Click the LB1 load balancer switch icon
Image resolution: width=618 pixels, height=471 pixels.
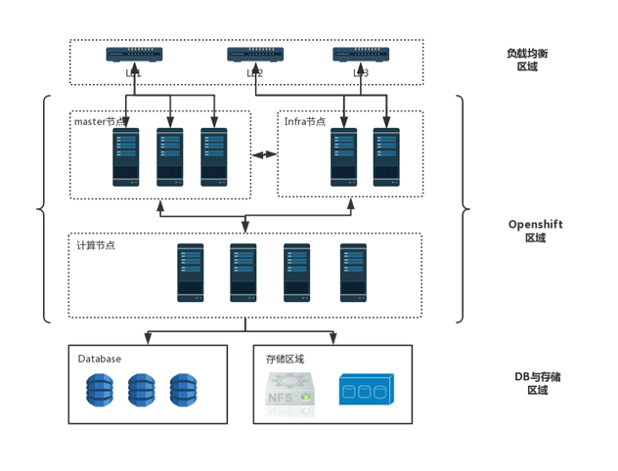(134, 56)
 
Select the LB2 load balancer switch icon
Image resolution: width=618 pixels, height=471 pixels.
(255, 56)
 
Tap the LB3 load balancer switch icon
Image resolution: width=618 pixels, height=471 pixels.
(361, 56)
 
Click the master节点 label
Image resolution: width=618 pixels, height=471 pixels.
(101, 122)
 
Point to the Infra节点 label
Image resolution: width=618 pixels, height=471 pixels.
(305, 122)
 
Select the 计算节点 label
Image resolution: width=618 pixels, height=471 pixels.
(96, 245)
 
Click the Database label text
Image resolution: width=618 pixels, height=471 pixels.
(100, 359)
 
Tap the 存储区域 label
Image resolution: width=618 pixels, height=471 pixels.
(286, 359)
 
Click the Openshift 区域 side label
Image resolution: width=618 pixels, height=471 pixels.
(535, 231)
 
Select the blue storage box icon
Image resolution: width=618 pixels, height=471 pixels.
(366, 389)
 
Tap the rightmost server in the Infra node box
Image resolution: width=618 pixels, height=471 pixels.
(386, 156)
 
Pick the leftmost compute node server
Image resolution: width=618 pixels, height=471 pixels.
(191, 272)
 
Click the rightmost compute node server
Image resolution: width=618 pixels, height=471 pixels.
(353, 272)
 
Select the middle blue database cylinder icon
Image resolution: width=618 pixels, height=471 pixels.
(142, 390)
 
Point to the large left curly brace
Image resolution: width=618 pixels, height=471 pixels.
(42, 208)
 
